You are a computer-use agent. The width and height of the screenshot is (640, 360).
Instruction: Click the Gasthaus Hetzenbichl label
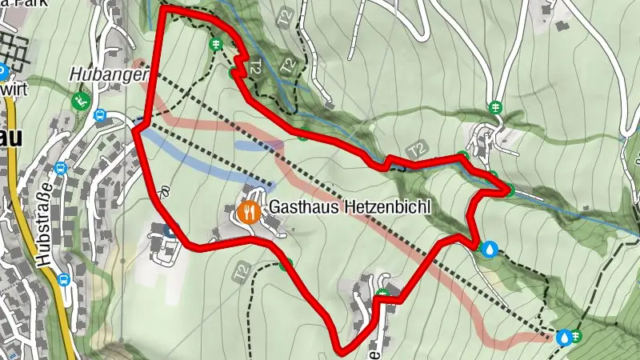(x=350, y=206)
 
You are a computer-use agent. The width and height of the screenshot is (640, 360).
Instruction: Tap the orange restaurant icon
(x=249, y=212)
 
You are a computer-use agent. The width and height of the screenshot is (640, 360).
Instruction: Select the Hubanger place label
(x=109, y=74)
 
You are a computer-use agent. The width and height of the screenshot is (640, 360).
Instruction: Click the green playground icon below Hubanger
(x=79, y=102)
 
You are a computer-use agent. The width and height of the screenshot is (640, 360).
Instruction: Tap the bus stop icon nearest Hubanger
(x=100, y=115)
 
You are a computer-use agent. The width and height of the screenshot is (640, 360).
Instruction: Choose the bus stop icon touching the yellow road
(x=64, y=281)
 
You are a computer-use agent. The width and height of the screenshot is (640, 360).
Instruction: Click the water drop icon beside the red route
(x=489, y=249)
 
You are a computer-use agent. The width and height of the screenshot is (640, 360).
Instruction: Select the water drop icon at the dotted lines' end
(x=564, y=338)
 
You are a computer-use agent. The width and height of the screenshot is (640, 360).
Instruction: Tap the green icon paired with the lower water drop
(x=576, y=337)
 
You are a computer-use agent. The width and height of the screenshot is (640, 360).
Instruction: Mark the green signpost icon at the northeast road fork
(x=496, y=107)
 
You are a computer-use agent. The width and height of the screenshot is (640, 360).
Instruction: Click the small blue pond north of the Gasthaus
(x=260, y=146)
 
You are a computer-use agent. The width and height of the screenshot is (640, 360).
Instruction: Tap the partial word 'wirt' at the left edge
(x=14, y=90)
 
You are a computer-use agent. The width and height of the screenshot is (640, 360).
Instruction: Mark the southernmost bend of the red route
(x=342, y=350)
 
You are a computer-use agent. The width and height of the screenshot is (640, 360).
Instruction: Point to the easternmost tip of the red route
(x=510, y=190)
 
